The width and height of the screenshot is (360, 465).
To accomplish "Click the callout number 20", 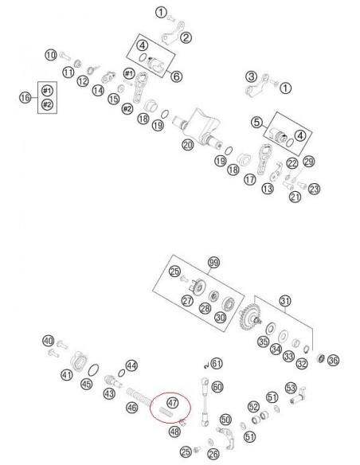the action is tap(188, 145).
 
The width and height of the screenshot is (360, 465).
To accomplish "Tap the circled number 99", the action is tap(213, 263).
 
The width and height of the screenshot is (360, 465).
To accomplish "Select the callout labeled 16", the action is tap(25, 97).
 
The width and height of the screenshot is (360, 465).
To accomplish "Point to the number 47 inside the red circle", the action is tap(173, 402).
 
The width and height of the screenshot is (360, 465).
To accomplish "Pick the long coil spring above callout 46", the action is tap(139, 397).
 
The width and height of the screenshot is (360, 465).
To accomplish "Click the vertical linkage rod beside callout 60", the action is tap(205, 401).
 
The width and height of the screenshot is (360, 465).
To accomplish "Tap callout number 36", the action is tap(333, 361).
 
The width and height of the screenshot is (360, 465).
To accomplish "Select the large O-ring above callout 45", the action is tap(94, 370).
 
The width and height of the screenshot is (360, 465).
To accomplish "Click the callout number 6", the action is tap(177, 76).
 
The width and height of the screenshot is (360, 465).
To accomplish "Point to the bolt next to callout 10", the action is tap(65, 56).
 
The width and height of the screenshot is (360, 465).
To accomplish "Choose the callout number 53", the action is tap(291, 388).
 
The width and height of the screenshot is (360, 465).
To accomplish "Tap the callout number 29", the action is tap(309, 162).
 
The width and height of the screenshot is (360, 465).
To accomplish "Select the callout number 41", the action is tap(66, 375).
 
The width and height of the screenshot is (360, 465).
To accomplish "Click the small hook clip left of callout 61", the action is tap(206, 365).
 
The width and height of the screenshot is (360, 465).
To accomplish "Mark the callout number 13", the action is tap(268, 189).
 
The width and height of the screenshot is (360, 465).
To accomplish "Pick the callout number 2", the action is tap(186, 37).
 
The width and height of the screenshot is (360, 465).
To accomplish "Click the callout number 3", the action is tap(252, 76).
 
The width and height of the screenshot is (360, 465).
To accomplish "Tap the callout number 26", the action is tap(213, 453).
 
